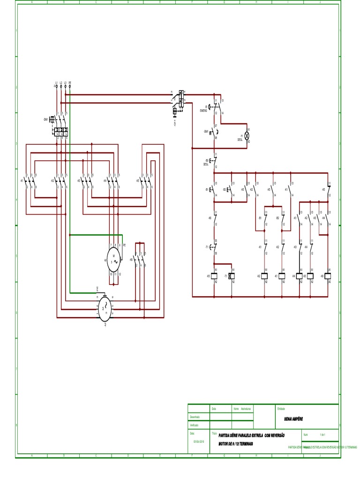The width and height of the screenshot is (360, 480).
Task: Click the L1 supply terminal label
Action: click(56, 83)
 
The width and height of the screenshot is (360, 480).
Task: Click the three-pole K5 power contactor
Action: click(147, 181)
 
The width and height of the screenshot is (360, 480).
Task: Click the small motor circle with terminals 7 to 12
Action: click(114, 259)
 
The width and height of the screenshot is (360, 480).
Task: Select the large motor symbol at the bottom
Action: click(105, 307)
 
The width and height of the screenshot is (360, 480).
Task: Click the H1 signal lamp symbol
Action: click(248, 135)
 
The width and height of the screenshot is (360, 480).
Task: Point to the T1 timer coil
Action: click(231, 277)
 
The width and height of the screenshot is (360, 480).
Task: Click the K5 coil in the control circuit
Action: click(214, 277)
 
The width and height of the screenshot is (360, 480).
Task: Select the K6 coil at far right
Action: click(329, 277)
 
